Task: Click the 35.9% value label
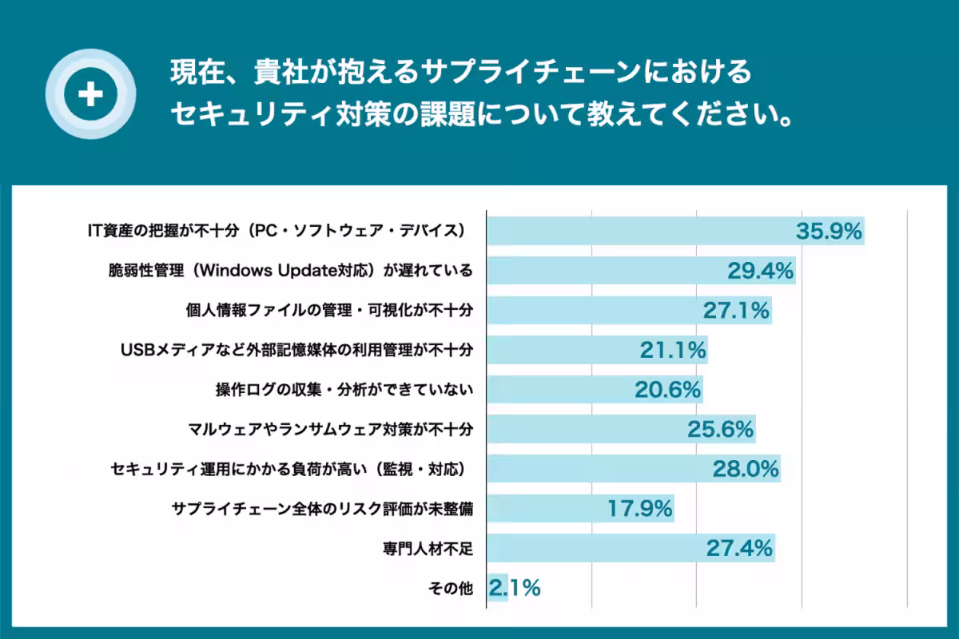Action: coord(829,232)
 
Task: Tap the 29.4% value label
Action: coord(760,271)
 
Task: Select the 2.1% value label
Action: coord(515,588)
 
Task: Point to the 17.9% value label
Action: coord(640,508)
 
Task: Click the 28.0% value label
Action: coord(746,469)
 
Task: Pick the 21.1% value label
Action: coord(673,350)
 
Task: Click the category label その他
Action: coord(451,588)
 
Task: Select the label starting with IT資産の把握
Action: coord(276,231)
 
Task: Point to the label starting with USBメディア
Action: coord(296,350)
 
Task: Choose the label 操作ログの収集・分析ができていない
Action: coord(344,390)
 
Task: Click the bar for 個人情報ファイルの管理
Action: coord(591,311)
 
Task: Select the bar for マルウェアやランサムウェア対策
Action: coord(583,429)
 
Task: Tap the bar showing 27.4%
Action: coord(591,548)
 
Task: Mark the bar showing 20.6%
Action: coord(559,390)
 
